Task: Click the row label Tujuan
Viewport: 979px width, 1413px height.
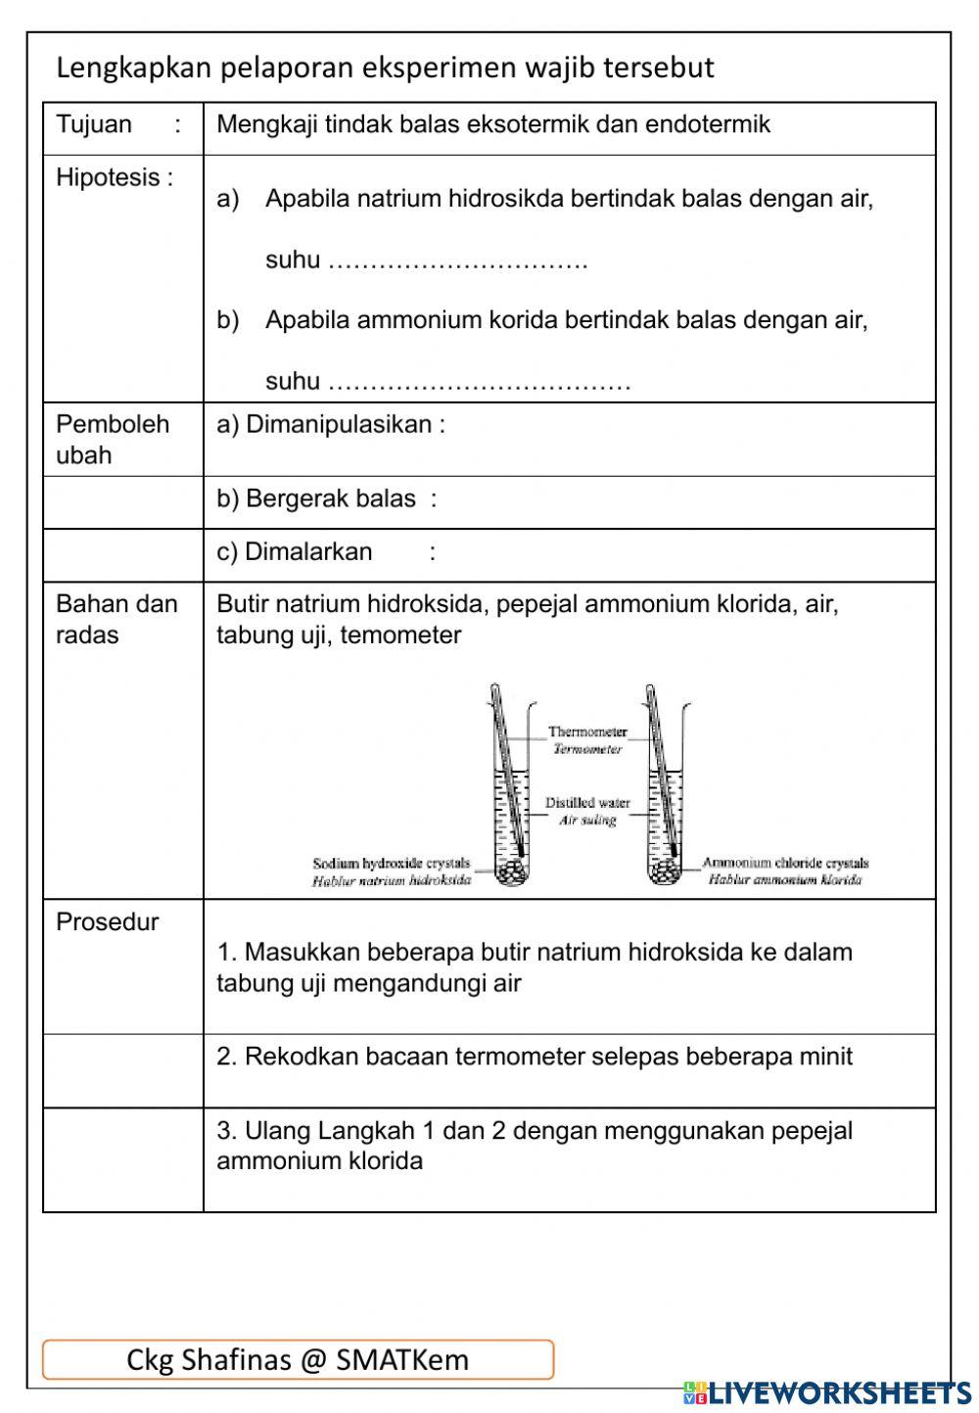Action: pyautogui.click(x=94, y=125)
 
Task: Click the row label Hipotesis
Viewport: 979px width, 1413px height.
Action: pyautogui.click(x=114, y=178)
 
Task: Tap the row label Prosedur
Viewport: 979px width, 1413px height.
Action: pyautogui.click(x=107, y=922)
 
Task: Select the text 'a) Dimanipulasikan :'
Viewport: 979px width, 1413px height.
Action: pyautogui.click(x=330, y=425)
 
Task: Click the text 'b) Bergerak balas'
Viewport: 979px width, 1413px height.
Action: pyautogui.click(x=316, y=499)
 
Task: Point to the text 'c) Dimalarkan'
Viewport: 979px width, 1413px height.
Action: pyautogui.click(x=294, y=552)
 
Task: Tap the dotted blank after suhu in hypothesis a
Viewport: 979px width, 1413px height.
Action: pyautogui.click(x=457, y=261)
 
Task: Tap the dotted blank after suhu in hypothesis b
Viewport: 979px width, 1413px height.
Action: pyautogui.click(x=479, y=382)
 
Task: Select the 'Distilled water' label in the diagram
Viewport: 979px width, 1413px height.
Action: pyautogui.click(x=587, y=803)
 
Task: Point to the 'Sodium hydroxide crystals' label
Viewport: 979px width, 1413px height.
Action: pyautogui.click(x=391, y=864)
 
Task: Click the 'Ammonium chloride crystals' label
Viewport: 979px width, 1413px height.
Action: pyautogui.click(x=785, y=864)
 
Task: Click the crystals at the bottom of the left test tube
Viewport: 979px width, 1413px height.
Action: pyautogui.click(x=509, y=871)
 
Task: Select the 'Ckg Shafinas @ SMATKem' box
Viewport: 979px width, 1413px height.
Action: pyautogui.click(x=298, y=1359)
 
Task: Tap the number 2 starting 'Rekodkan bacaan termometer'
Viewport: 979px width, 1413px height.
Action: pyautogui.click(x=223, y=1058)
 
